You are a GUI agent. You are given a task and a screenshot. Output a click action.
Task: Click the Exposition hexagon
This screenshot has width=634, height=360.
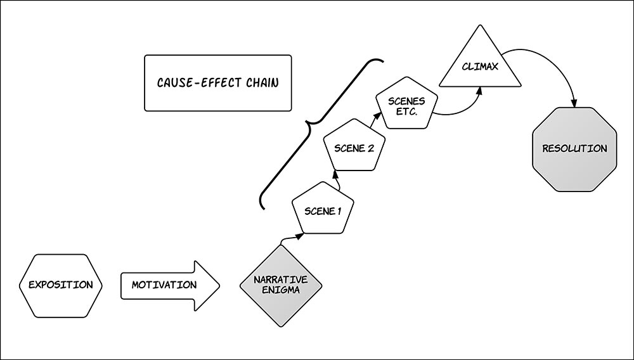pyautogui.click(x=60, y=285)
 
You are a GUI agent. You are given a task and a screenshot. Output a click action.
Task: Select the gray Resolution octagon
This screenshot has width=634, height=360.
pyautogui.click(x=574, y=148)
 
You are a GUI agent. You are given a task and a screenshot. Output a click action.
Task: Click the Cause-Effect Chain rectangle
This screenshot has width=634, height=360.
pyautogui.click(x=217, y=83)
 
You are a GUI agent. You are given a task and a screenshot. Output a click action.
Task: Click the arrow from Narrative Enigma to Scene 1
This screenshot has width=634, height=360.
pyautogui.click(x=291, y=238)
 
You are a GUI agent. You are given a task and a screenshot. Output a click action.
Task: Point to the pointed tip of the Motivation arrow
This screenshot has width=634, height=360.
pyautogui.click(x=218, y=285)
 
